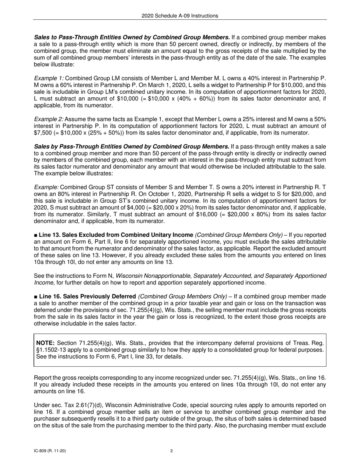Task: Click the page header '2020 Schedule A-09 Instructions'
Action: pyautogui.click(x=180, y=16)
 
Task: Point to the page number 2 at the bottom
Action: pyautogui.click(x=172, y=451)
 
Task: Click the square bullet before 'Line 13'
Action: pyautogui.click(x=36, y=235)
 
